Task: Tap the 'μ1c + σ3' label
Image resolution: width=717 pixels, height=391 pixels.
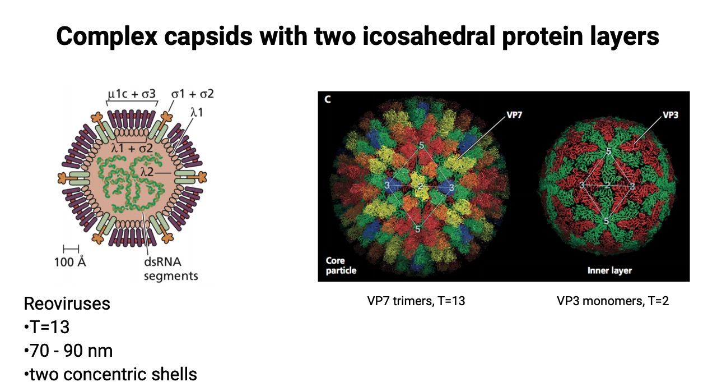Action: [132, 93]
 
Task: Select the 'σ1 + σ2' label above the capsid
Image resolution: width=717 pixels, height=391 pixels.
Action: [192, 93]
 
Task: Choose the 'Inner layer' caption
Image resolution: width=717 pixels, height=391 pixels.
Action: [609, 270]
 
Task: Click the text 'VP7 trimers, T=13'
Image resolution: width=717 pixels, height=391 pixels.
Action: [416, 301]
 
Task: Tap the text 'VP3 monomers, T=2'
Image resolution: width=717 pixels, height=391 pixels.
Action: [613, 301]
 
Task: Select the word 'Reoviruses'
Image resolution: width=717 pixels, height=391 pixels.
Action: [67, 304]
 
